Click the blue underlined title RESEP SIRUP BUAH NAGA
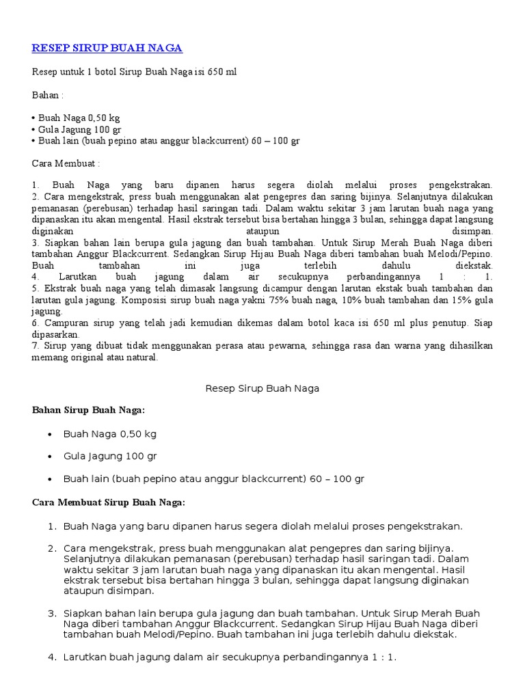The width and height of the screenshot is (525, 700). (107, 48)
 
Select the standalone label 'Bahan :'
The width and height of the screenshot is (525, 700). (48, 95)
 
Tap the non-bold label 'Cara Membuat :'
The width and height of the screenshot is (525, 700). (66, 163)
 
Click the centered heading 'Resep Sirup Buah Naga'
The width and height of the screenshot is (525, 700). (262, 388)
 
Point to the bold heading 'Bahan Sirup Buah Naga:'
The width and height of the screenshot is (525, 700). (89, 410)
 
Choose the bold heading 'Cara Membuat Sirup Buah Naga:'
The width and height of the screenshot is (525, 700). (109, 502)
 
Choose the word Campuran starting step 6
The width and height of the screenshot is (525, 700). (66, 323)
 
